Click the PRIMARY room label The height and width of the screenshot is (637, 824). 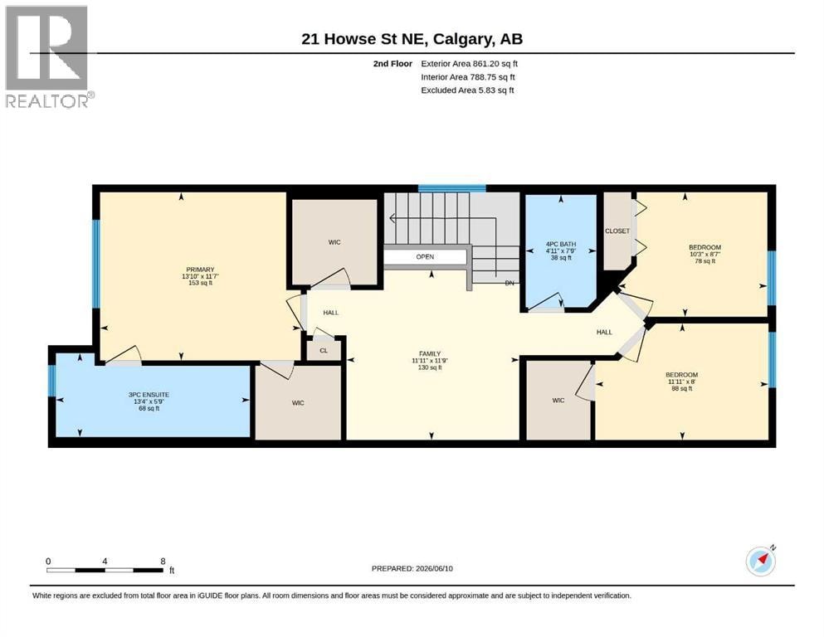point(200,270)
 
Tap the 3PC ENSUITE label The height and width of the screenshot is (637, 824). point(149,394)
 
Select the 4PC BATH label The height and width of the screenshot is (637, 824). point(561,244)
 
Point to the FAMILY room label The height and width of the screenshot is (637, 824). point(430,354)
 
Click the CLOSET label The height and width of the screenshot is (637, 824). point(617,231)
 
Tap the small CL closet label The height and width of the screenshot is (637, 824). point(324,350)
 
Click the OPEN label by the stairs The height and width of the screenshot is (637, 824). point(425,257)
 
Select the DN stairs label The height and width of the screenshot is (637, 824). point(510,283)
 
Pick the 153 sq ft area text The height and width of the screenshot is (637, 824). point(200,283)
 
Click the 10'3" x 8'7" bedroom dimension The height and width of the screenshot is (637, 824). point(705,254)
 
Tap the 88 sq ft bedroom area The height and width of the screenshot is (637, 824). point(682,389)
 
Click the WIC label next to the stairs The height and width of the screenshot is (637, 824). point(334,242)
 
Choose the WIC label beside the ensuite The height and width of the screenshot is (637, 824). point(298,403)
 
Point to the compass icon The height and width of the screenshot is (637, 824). point(760,561)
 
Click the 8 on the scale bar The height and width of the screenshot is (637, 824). point(163,561)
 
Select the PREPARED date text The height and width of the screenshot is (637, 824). point(412,568)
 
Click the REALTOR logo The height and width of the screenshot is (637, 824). point(49,56)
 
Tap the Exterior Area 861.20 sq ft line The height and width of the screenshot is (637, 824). point(470,64)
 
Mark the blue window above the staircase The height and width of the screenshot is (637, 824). point(452,188)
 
